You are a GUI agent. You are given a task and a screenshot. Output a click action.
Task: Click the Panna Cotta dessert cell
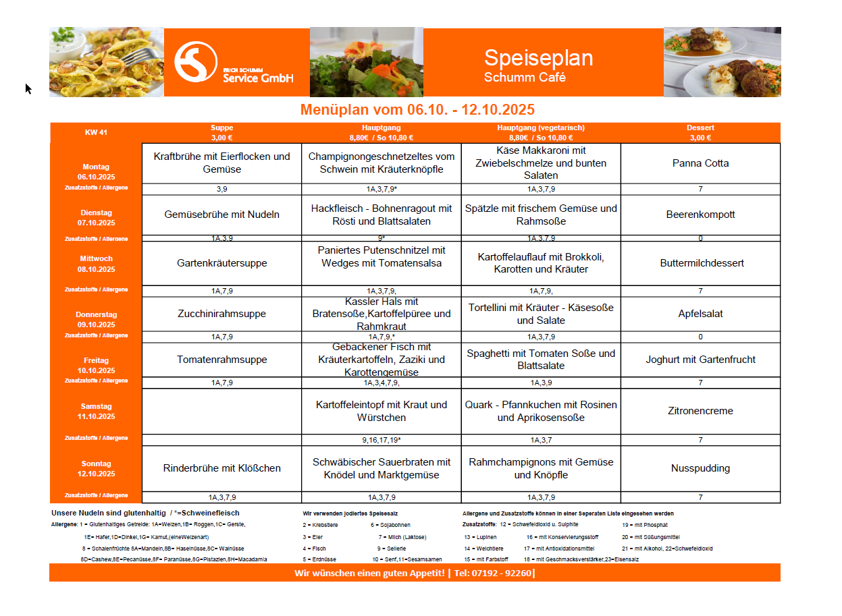click(700, 163)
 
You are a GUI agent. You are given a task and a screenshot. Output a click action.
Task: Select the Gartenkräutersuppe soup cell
click(221, 263)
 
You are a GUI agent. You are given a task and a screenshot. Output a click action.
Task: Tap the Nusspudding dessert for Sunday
click(700, 468)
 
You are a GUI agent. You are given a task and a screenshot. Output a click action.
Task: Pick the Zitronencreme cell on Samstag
click(700, 411)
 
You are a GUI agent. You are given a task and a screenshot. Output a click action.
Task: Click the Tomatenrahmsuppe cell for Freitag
click(221, 360)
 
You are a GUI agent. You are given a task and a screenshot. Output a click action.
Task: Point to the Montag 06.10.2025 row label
click(96, 171)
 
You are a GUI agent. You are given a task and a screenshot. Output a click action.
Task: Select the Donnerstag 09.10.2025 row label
click(96, 319)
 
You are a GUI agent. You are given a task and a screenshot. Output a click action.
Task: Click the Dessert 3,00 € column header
click(700, 132)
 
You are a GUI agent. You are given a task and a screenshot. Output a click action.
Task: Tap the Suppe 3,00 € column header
click(221, 132)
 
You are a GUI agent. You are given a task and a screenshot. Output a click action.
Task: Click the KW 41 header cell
click(96, 132)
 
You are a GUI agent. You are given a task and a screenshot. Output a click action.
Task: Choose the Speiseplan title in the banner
click(538, 58)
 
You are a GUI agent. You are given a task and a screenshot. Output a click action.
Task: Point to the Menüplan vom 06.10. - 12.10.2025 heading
click(417, 110)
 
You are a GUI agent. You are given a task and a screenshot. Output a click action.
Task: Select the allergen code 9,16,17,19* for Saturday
click(381, 440)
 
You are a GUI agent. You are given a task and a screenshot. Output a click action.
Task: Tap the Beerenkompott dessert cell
click(700, 215)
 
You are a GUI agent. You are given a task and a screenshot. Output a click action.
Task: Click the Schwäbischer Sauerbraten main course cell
click(381, 468)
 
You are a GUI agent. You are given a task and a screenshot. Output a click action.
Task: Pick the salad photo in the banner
click(366, 62)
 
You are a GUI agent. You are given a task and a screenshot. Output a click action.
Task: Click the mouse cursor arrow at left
click(28, 88)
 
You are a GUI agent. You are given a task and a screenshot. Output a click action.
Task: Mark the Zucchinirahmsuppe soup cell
click(221, 314)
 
